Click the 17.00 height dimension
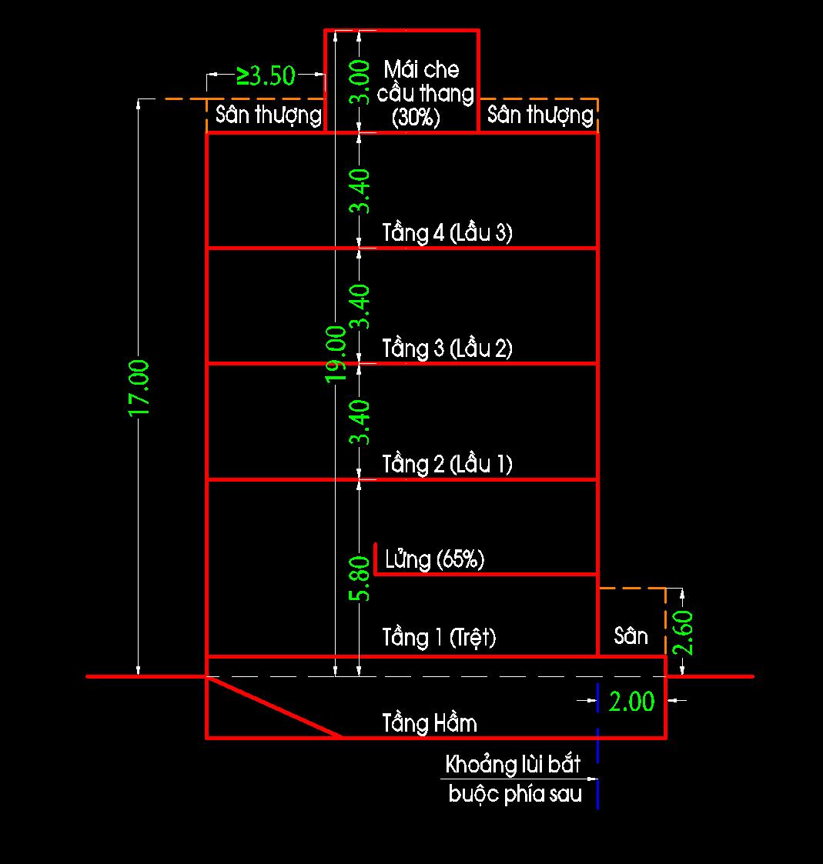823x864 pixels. [x=139, y=388]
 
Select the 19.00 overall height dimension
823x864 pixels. [x=336, y=354]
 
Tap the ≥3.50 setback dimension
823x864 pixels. [x=266, y=75]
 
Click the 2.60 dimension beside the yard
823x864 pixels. [x=683, y=632]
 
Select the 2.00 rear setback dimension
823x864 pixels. [x=631, y=701]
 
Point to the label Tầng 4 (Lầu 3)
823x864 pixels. [x=447, y=233]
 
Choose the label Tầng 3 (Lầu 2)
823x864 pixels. [x=447, y=349]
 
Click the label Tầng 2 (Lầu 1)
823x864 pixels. [x=447, y=464]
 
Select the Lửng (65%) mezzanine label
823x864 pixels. [x=435, y=559]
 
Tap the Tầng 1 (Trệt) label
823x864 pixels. [x=440, y=637]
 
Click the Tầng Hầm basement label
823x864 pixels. [x=430, y=723]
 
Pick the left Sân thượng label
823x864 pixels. [x=268, y=115]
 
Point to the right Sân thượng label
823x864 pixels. [x=540, y=115]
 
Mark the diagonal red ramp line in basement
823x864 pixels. [x=276, y=707]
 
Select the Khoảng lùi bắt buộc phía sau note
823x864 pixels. [x=514, y=779]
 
